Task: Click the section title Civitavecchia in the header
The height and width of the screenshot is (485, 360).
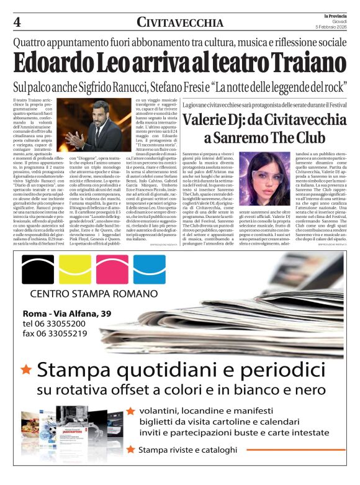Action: pos(180,23)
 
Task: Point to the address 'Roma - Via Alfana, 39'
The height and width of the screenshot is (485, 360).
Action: pos(66,313)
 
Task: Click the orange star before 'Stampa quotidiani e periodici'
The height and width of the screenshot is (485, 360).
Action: pos(26,369)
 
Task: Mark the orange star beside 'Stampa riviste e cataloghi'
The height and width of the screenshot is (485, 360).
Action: pos(130,449)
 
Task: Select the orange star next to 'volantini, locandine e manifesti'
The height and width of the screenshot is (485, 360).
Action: pos(130,410)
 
